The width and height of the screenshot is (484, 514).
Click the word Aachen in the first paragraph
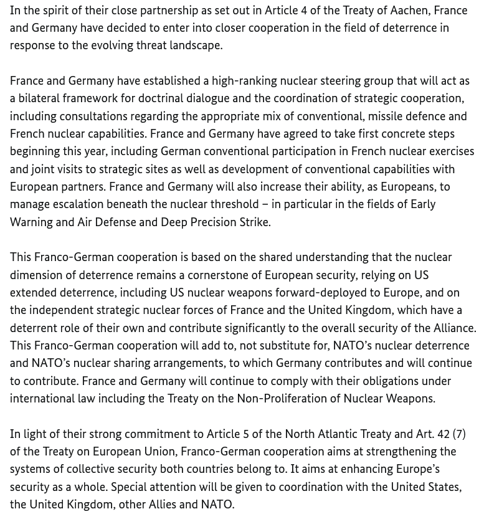409,11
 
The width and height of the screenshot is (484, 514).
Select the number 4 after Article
304,11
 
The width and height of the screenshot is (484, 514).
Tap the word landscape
192,45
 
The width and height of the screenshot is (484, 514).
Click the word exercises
447,151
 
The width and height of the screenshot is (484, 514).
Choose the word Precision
213,222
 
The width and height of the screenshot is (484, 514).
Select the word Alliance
452,328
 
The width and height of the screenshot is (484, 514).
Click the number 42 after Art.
444,434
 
